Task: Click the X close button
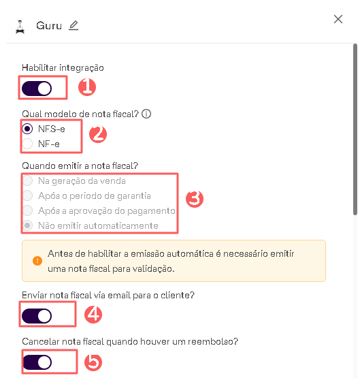click(x=338, y=19)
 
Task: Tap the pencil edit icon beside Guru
click(x=73, y=26)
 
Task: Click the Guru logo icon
click(x=20, y=27)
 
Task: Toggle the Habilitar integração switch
click(x=37, y=89)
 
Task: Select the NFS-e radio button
click(x=27, y=129)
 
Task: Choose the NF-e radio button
click(x=27, y=144)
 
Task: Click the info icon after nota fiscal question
click(x=146, y=114)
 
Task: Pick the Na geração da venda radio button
click(x=27, y=180)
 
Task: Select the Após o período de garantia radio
click(x=27, y=195)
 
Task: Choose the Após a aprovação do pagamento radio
click(x=27, y=210)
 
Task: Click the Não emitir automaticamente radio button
click(x=27, y=225)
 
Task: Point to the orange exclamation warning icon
click(x=37, y=261)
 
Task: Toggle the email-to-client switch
click(x=37, y=316)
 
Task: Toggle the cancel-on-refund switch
click(x=37, y=362)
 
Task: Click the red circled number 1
click(x=87, y=87)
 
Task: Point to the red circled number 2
click(x=98, y=134)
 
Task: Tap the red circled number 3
click(x=195, y=199)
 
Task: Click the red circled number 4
click(x=93, y=315)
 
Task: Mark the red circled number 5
click(x=93, y=362)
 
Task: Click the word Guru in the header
click(x=49, y=26)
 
